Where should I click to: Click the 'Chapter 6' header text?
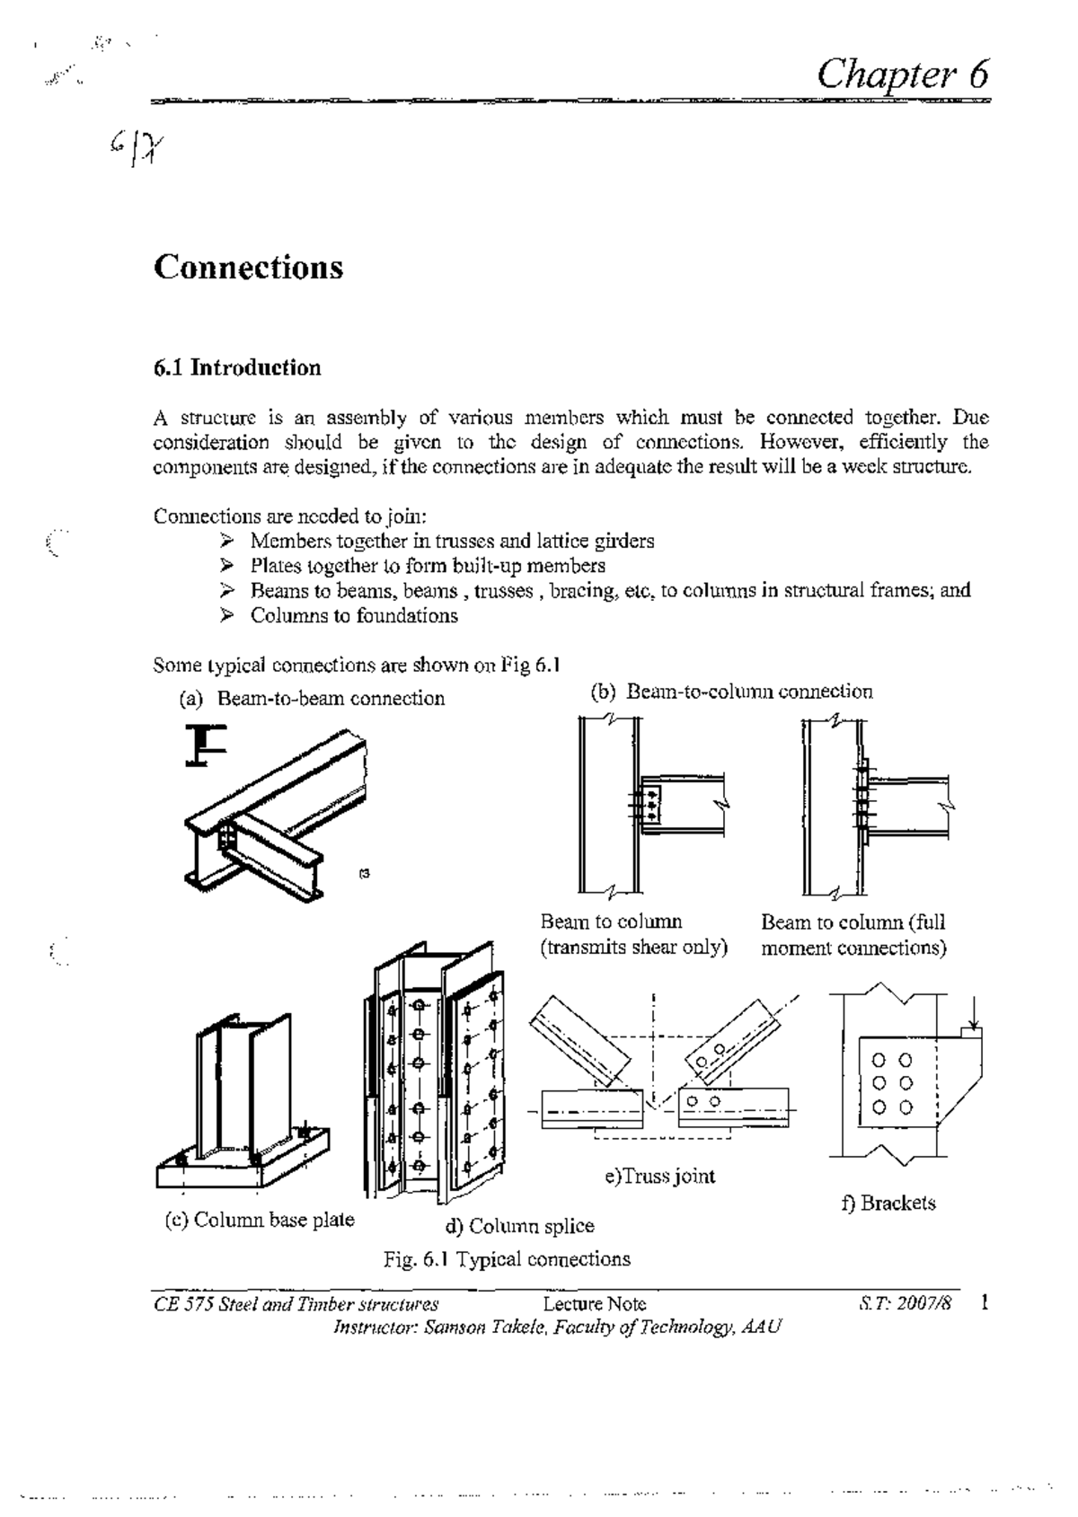coord(902,72)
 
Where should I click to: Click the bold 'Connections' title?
coord(248,267)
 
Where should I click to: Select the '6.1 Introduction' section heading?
coord(236,367)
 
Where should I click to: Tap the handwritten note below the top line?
coord(135,148)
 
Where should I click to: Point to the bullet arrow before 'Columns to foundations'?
coord(227,615)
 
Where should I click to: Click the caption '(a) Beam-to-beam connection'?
coord(313,698)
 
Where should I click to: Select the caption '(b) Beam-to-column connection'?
coord(731,691)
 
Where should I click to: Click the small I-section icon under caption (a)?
coord(206,745)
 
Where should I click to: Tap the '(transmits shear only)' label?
coord(633,948)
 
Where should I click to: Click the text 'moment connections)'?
coord(853,948)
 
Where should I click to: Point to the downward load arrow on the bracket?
coord(973,1010)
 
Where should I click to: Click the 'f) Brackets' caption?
coord(888,1203)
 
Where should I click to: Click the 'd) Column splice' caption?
coord(519,1226)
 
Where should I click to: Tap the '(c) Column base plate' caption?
coord(260,1219)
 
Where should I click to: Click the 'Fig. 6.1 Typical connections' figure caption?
coord(507,1258)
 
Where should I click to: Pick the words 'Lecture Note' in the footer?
coord(595,1303)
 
